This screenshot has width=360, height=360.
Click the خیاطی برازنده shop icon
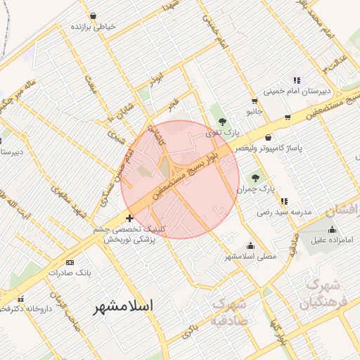(x=94, y=15)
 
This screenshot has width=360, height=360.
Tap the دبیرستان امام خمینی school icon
(x=297, y=80)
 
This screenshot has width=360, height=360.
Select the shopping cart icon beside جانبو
(x=288, y=117)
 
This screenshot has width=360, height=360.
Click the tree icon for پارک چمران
(x=255, y=177)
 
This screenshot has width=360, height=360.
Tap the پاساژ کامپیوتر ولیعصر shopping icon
(x=269, y=137)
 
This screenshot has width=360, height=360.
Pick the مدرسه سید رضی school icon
(x=283, y=200)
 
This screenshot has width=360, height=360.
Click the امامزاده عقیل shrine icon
(x=332, y=229)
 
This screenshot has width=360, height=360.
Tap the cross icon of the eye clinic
(x=129, y=218)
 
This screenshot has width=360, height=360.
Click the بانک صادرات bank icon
(x=69, y=261)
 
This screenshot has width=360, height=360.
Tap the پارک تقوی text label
(x=227, y=132)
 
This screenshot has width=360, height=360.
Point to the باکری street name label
(x=187, y=331)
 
